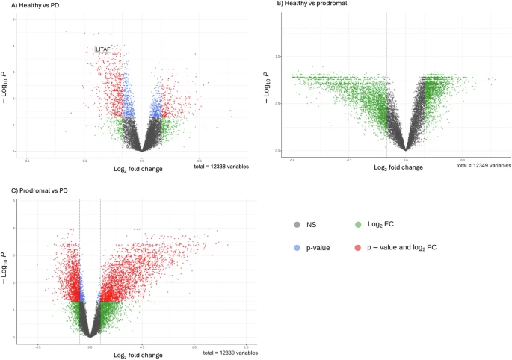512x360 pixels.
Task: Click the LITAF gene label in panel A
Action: click(102, 49)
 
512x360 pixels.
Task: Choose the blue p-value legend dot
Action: click(297, 246)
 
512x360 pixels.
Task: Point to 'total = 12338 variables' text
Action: click(224, 165)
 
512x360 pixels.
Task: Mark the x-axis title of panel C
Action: click(138, 354)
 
